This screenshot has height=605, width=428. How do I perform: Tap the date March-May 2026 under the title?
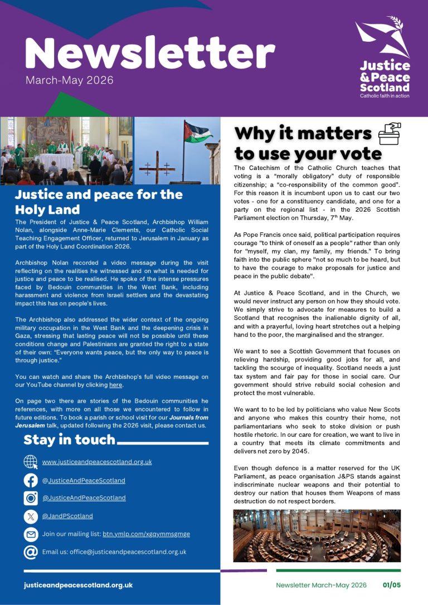click(69, 80)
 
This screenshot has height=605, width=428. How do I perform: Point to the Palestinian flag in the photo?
click(198, 134)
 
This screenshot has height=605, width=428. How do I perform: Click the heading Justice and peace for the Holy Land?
click(99, 202)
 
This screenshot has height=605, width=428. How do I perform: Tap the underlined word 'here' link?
click(116, 385)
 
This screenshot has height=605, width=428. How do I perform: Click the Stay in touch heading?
click(69, 440)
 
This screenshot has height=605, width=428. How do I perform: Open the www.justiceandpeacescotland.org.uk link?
click(97, 462)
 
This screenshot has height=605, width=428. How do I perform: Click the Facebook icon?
click(31, 480)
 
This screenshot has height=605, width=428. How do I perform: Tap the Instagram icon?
click(31, 498)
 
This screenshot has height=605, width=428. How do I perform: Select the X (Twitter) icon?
click(31, 516)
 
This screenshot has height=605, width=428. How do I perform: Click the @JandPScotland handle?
click(67, 516)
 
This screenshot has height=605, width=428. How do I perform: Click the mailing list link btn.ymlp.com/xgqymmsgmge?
click(146, 534)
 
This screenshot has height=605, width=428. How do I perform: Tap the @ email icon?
click(31, 552)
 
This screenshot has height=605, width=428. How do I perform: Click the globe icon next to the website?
click(31, 462)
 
